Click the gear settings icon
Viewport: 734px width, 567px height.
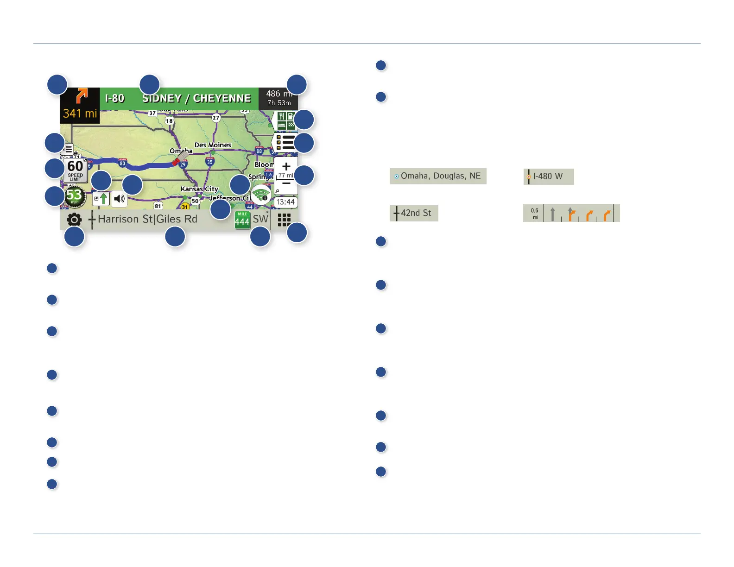coord(74,220)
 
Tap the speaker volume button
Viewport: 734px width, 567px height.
coord(120,199)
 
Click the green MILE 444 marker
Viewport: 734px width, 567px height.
coord(242,220)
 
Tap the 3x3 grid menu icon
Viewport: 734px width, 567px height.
coord(284,220)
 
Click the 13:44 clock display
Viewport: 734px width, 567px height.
coord(285,202)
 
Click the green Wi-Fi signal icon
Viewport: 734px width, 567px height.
coord(261,195)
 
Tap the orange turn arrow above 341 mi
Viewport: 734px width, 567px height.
coord(81,96)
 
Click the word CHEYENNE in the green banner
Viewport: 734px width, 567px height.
coord(222,98)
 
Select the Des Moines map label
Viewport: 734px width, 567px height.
coord(213,145)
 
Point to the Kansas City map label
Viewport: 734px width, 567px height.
coord(199,189)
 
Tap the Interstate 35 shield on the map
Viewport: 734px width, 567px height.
coord(210,162)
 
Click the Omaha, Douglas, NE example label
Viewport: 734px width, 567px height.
coord(438,176)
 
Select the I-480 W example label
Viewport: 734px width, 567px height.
coord(549,176)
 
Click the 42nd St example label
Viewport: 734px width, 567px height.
coord(414,213)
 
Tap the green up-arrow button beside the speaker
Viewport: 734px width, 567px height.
coord(101,199)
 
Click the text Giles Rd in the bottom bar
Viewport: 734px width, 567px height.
coord(177,219)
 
